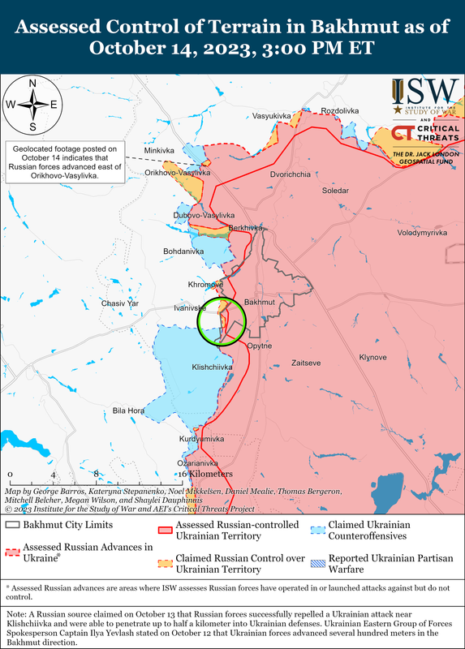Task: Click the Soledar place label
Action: pos(334,191)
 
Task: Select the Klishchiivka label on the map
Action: pos(212,367)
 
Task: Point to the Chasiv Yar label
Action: pos(120,303)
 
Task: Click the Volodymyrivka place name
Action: pos(422,233)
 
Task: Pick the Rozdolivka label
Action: pos(340,110)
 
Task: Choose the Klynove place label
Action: pos(373,358)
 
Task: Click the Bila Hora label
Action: pos(128,411)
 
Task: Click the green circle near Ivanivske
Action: pos(222,322)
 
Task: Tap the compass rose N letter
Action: pos(32,84)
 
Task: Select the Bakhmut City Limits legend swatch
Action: pos(13,526)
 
